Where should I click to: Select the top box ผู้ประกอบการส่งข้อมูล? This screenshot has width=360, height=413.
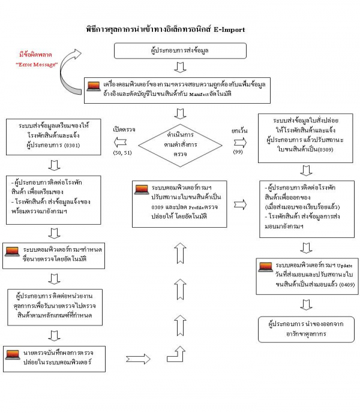coord(181,51)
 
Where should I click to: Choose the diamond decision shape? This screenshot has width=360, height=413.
coord(179,144)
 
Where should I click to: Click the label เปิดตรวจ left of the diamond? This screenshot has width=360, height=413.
coord(123,128)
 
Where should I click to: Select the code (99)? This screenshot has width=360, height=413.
coord(239,153)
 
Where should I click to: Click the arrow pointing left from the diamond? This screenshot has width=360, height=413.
coord(122,142)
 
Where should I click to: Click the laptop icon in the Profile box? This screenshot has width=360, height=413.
coord(142,190)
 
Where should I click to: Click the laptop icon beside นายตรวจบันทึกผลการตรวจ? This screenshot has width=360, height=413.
coord(13,354)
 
